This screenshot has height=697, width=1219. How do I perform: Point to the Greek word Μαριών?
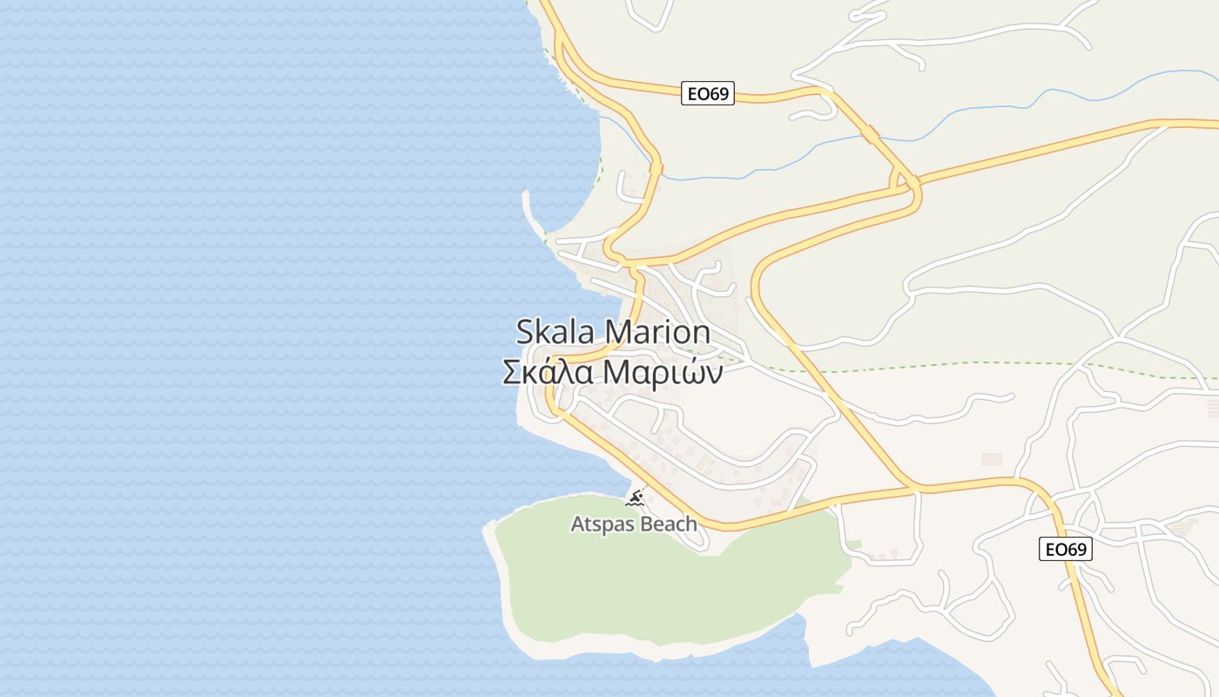click(x=663, y=372)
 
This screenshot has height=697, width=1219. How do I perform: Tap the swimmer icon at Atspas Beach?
click(x=635, y=498)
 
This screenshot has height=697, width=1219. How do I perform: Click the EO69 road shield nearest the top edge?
click(x=707, y=93)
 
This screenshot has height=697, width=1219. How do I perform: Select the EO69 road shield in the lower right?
click(x=1066, y=549)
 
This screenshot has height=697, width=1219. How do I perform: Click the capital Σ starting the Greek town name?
click(x=511, y=372)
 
